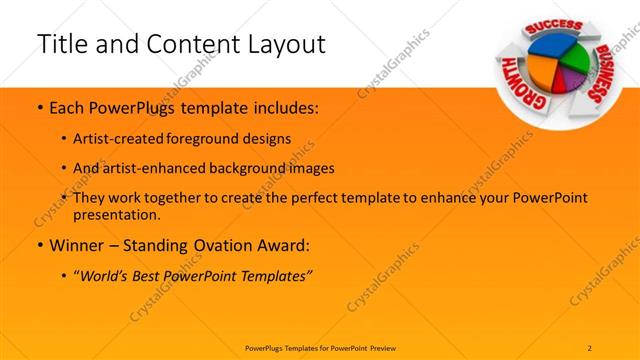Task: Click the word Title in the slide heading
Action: [x=60, y=43]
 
